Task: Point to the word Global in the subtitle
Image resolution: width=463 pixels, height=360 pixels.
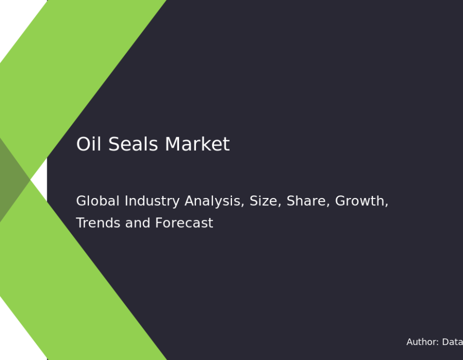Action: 98,201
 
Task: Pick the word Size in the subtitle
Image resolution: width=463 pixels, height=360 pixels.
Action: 263,201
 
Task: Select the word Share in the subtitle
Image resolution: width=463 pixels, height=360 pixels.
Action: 306,201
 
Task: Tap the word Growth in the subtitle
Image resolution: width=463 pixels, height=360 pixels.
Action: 360,201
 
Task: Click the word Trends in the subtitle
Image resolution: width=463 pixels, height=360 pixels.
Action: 98,223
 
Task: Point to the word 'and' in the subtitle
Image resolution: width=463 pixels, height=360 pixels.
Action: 137,223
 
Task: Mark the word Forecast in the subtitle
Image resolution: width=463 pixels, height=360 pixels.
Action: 184,223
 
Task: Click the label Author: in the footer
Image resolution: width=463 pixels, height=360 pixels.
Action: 422,341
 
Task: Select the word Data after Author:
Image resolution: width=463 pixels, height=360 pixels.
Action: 453,341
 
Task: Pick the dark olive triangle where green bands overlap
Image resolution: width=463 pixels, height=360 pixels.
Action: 12,179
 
